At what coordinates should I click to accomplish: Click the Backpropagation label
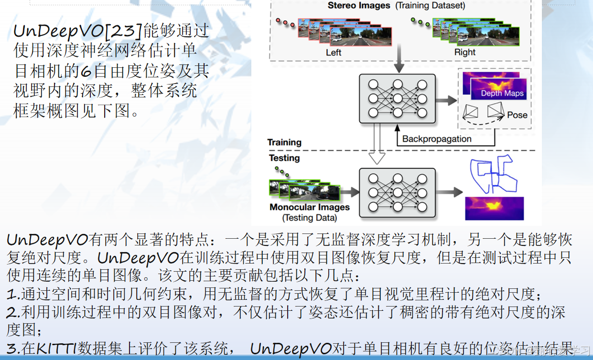click(x=437, y=139)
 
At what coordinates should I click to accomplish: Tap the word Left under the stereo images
click(x=334, y=53)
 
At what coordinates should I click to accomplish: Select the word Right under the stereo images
click(x=464, y=53)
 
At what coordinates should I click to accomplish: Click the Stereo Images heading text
click(x=359, y=6)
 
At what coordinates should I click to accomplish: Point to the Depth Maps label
click(x=502, y=93)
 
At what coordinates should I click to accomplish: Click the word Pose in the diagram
click(x=517, y=115)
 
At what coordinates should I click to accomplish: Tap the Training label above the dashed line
click(x=284, y=142)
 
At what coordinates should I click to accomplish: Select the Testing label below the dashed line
click(x=284, y=158)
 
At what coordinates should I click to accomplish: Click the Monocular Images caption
click(x=310, y=207)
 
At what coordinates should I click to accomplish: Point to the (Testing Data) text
click(x=310, y=218)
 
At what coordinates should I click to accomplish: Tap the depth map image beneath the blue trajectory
click(x=494, y=209)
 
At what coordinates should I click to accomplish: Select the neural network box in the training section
click(x=397, y=98)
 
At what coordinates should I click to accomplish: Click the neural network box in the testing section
click(x=397, y=192)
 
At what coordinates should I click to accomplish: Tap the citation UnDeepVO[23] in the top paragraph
click(x=78, y=31)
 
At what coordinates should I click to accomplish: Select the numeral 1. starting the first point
click(x=13, y=294)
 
